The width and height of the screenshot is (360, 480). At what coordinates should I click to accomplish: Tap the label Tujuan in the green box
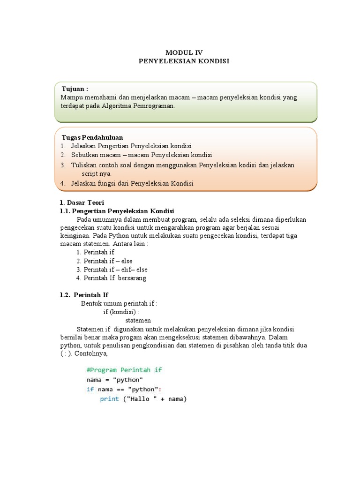click(x=75, y=89)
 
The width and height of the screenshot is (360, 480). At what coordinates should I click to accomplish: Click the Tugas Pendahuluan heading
click(x=92, y=137)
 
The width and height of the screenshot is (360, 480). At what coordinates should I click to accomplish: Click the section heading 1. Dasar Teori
click(x=79, y=202)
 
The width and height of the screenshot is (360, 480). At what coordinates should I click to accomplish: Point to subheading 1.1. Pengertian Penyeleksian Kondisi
click(x=117, y=211)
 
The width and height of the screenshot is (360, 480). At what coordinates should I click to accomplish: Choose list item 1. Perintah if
click(x=99, y=252)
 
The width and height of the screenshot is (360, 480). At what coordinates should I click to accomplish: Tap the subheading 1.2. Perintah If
click(x=84, y=295)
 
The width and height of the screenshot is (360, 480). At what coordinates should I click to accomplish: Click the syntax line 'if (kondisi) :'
click(x=121, y=312)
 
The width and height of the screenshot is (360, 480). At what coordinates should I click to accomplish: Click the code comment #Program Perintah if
click(x=124, y=370)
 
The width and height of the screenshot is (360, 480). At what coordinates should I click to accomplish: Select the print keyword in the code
click(x=109, y=399)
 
